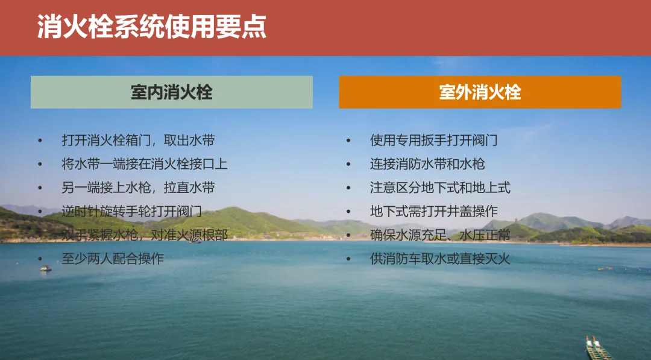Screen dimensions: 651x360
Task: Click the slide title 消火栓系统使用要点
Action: pos(151,27)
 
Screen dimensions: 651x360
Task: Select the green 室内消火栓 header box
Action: pos(171,92)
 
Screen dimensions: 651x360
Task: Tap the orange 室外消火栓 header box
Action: pos(480,92)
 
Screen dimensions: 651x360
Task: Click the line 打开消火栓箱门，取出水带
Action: pos(138,141)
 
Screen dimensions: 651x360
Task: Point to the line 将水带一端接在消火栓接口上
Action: pos(145,164)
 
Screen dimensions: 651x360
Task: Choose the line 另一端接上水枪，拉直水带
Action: pos(138,188)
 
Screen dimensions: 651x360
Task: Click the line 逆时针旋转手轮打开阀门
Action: pos(131,211)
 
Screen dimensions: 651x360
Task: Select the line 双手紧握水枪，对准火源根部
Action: pos(145,235)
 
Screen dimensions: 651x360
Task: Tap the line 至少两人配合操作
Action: pos(113,259)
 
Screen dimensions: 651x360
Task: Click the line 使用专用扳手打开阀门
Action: pos(434,141)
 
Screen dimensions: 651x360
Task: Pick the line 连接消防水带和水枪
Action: pos(427,164)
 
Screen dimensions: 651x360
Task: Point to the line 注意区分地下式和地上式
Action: pos(440,188)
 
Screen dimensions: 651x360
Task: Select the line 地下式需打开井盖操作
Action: pos(434,211)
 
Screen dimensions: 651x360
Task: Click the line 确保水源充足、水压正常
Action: pos(440,235)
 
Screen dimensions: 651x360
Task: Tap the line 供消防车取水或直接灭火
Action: pos(440,259)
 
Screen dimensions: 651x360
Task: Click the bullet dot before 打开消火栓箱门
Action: pos(40,141)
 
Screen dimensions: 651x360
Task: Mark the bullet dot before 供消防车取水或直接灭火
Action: pos(348,259)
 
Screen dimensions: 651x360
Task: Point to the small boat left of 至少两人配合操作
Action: pos(46,268)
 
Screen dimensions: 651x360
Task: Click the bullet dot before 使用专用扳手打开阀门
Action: pos(348,141)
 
